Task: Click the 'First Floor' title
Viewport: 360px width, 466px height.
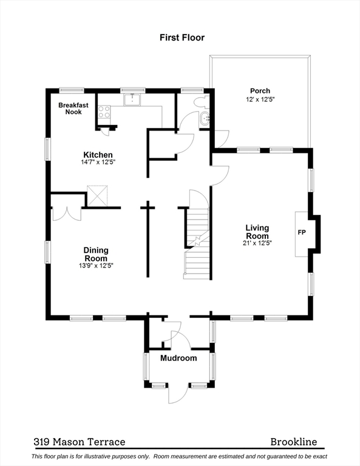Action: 182,38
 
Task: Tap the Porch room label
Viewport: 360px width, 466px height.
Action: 260,91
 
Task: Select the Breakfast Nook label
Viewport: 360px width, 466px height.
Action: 73,108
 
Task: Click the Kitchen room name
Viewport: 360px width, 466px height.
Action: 98,155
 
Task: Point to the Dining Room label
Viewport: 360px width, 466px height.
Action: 96,254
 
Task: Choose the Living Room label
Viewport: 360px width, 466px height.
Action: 257,232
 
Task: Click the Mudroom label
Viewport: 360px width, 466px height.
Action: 178,358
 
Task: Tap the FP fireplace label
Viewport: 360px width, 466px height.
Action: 301,232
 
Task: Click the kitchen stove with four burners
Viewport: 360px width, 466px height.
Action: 104,112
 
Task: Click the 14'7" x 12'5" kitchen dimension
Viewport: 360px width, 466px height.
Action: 98,163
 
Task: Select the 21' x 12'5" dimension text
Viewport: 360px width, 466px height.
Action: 257,243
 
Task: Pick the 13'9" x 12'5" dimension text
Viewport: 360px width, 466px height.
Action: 96,265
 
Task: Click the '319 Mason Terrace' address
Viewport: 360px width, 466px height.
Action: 79,442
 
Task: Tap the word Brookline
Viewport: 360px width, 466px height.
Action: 294,442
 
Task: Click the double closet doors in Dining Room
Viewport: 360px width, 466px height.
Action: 67,213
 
